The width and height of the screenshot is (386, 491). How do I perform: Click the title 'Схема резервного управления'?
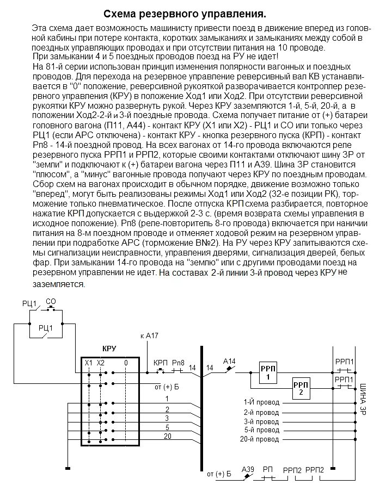point(185,13)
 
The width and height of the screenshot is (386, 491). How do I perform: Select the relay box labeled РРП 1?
point(268,375)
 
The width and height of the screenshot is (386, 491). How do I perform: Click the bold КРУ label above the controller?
point(109,347)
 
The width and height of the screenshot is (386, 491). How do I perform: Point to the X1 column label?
point(88,362)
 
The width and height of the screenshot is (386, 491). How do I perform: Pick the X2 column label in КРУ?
point(100,362)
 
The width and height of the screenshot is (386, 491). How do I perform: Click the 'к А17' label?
point(150,335)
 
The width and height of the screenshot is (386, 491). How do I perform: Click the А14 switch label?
point(230,361)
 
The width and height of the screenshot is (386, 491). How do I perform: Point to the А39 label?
point(248,469)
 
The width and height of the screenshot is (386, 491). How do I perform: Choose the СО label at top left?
point(51,301)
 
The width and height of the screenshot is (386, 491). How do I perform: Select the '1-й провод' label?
point(261,402)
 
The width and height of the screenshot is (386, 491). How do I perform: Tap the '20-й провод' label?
point(259,439)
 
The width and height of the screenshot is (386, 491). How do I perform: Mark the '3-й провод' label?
point(261,421)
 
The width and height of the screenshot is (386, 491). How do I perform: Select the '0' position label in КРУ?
point(126,362)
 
